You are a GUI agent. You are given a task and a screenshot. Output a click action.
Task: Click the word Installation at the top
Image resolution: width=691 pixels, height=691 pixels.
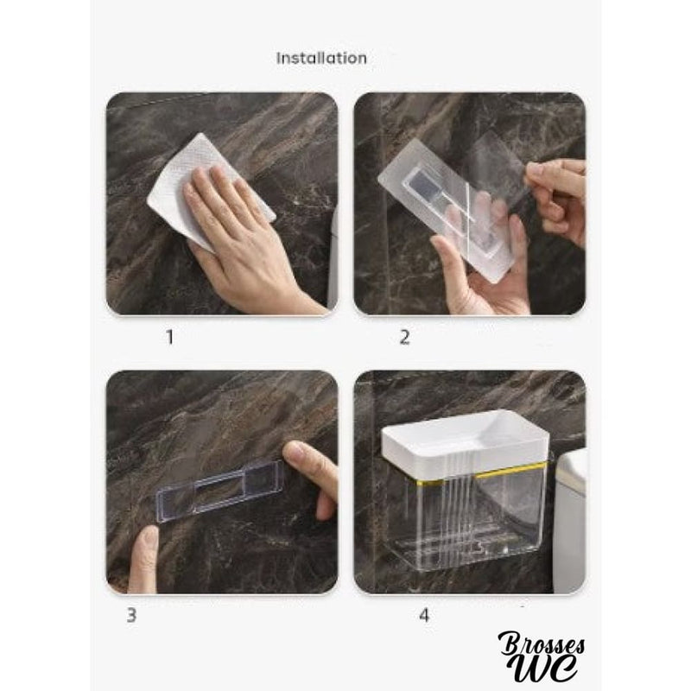coord(321,58)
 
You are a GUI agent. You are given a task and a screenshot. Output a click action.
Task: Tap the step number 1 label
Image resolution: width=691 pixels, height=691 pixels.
coord(169,337)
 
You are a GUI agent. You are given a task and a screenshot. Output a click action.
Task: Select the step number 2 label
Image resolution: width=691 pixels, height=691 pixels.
coord(404,337)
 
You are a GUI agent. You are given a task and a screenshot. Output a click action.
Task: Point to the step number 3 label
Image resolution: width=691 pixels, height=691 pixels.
coord(131,615)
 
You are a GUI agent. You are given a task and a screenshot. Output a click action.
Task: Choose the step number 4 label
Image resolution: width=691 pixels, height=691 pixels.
coord(424,615)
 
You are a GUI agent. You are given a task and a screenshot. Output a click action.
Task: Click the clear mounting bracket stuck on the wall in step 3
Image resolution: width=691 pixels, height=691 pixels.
coord(219,491)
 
